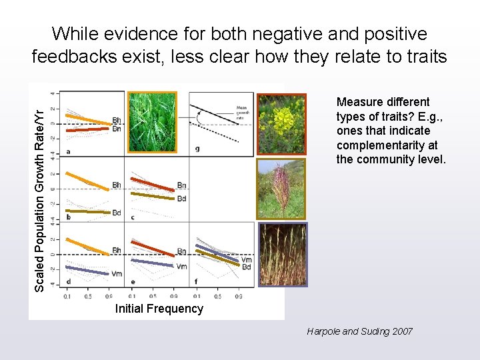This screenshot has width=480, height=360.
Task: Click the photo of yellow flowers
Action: (x=281, y=123)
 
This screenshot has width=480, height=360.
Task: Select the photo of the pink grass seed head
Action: (x=281, y=189)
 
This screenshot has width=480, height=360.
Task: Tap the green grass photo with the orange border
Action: (x=153, y=122)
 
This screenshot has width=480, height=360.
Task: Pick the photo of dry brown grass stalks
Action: (x=282, y=254)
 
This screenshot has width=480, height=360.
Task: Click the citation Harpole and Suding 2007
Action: (x=359, y=331)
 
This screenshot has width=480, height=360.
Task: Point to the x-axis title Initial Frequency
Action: (x=159, y=309)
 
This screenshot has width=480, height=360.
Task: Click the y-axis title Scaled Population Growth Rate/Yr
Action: (x=40, y=191)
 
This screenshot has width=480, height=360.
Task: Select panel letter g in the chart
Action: (x=197, y=149)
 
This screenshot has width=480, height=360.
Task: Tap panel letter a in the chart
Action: (x=69, y=151)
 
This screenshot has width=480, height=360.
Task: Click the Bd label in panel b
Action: (x=117, y=213)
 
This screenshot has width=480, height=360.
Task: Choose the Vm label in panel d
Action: (x=117, y=274)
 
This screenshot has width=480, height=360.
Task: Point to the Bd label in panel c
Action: (x=181, y=199)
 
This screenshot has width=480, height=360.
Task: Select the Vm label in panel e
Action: (x=181, y=267)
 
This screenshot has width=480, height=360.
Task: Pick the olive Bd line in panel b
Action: (x=87, y=212)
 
